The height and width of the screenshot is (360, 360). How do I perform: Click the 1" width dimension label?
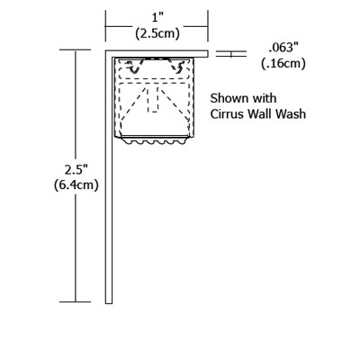click(x=157, y=18)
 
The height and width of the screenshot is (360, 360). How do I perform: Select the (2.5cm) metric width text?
click(x=157, y=33)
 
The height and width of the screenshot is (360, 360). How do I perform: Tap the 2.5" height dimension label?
click(x=76, y=170)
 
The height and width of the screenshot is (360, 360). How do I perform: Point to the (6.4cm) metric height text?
click(x=76, y=185)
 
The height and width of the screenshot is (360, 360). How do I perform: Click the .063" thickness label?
click(x=284, y=48)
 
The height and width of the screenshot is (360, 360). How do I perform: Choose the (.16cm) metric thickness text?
click(x=283, y=64)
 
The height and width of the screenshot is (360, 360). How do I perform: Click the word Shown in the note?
click(x=226, y=98)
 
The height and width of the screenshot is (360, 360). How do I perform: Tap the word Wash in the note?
click(x=292, y=114)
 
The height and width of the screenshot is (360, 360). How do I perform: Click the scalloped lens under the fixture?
click(x=155, y=140)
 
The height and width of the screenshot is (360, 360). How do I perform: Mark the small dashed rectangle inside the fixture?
click(x=153, y=100)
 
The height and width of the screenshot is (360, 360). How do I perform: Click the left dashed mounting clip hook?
click(x=134, y=67)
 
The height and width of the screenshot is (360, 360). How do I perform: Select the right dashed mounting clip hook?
click(x=177, y=67)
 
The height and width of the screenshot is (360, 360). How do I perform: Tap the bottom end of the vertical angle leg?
click(x=109, y=303)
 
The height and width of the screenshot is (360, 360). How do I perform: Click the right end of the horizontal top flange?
click(x=208, y=54)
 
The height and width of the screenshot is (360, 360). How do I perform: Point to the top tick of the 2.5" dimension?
click(x=76, y=50)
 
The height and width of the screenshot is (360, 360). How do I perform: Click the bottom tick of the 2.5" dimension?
click(x=76, y=301)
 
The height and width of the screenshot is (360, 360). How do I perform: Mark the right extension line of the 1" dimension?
click(x=208, y=26)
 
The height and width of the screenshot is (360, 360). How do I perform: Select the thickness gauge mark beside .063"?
click(x=231, y=54)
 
